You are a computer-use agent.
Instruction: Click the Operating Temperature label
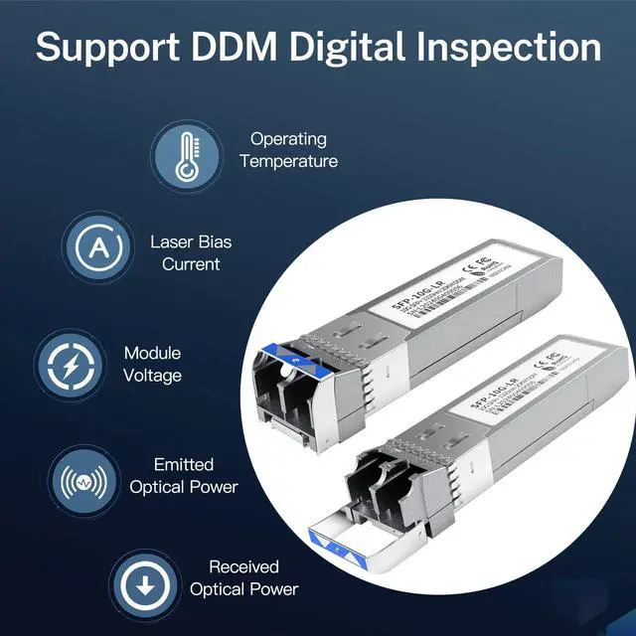pyautogui.click(x=288, y=150)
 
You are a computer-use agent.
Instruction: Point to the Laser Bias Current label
pyautogui.click(x=190, y=252)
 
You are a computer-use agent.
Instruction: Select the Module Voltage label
pyautogui.click(x=152, y=364)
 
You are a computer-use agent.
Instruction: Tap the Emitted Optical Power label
pyautogui.click(x=184, y=475)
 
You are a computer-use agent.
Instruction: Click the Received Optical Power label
pyautogui.click(x=242, y=577)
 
